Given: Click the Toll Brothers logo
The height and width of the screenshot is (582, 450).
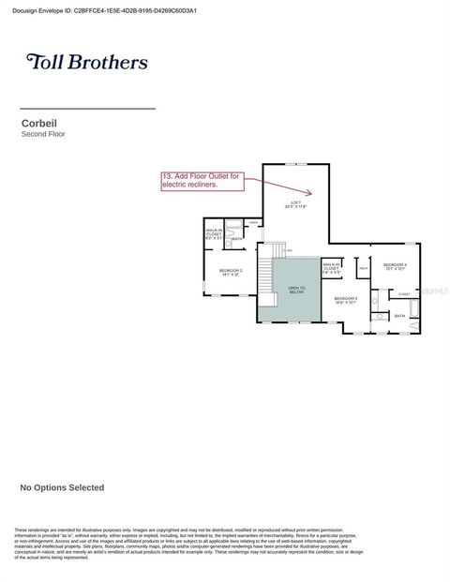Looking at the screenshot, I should coord(87,63).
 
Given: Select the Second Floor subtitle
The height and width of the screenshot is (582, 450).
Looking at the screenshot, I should coord(43,134).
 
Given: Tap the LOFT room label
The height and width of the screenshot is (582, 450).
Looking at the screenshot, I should coord(296,204).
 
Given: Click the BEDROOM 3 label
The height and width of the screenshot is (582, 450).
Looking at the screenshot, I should coord(345,300).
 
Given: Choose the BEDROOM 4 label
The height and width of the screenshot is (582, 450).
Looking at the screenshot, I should coord(395,267).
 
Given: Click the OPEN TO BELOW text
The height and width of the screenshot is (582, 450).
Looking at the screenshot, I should coord(296,291).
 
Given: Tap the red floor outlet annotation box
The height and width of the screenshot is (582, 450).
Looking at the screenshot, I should coord(202,181).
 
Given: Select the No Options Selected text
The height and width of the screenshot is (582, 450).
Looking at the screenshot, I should coord(62,487).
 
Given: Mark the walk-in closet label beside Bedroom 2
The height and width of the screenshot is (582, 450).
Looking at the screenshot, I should coord(214,234).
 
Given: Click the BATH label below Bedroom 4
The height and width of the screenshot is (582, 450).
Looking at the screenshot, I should coord(399,316).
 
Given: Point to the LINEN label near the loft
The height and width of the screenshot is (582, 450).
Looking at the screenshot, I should coord(253,222).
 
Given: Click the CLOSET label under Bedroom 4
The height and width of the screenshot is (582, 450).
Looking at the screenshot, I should coord(404,294).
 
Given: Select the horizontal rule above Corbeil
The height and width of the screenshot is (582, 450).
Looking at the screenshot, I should coord(87,109).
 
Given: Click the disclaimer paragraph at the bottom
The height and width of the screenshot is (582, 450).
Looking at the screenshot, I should coord(187,544).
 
